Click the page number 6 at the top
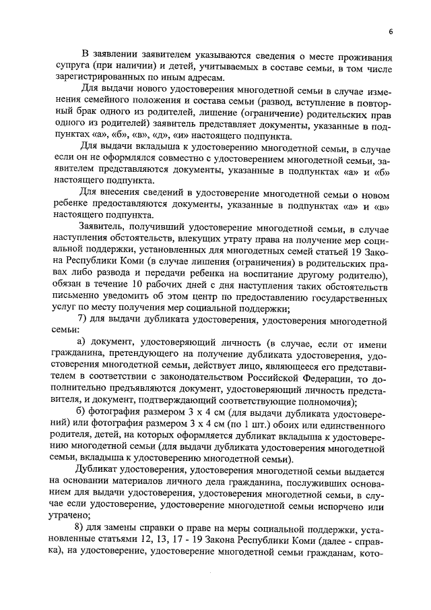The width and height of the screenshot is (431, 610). point(390,31)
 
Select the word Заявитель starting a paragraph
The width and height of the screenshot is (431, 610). point(105,226)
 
